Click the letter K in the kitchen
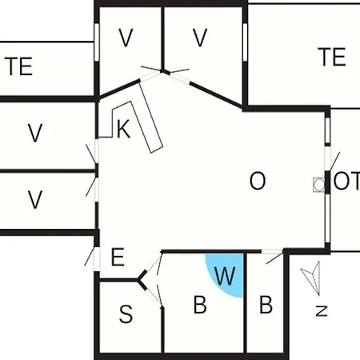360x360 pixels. [x=124, y=129]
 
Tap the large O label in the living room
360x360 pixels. [x=258, y=181]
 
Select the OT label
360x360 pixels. [x=346, y=181]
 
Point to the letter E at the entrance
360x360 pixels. [x=118, y=257]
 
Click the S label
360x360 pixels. [x=126, y=314]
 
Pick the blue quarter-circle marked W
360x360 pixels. [x=227, y=274]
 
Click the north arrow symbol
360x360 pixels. [x=312, y=278]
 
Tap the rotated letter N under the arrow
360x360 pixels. [x=322, y=311]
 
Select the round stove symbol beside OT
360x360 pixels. [x=319, y=184]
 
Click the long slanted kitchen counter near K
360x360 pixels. [x=150, y=116]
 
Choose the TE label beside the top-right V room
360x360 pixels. [x=332, y=57]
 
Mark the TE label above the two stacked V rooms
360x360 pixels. [x=18, y=66]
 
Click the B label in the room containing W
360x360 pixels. [x=200, y=305]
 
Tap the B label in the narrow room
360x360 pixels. [x=266, y=305]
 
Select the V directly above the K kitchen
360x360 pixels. [x=126, y=38]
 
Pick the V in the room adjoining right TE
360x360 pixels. [x=200, y=38]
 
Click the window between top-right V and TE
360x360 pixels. [x=245, y=42]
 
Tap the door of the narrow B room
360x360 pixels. [x=272, y=255]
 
